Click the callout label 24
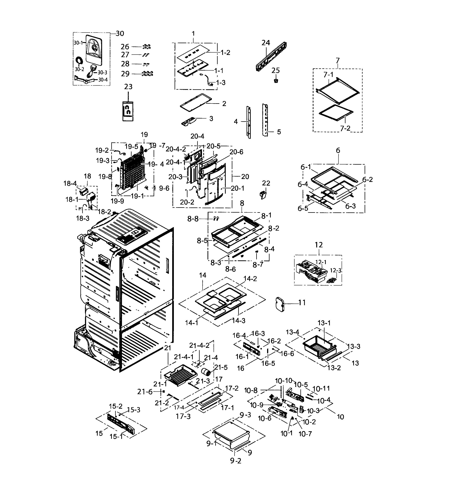coord(265,43)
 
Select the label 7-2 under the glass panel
coord(345,128)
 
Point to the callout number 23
coord(128,87)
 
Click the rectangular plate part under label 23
coord(128,111)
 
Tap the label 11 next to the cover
coord(302,302)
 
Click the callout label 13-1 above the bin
coord(324,323)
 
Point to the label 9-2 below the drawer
coord(235,461)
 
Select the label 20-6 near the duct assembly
coord(236,152)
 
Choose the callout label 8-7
coord(258,265)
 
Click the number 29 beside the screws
coord(125,74)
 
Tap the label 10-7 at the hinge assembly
coord(305,434)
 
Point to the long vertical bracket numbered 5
coord(265,120)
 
